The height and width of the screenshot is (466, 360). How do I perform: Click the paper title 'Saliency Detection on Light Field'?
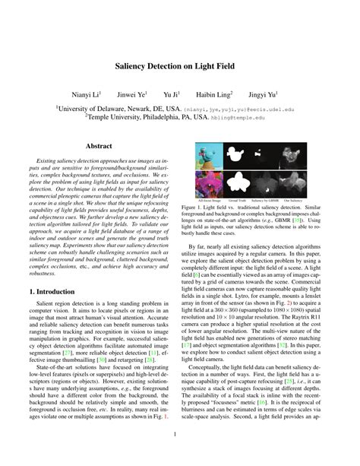(180, 66)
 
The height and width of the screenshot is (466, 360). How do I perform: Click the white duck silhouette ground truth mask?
(235, 155)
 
